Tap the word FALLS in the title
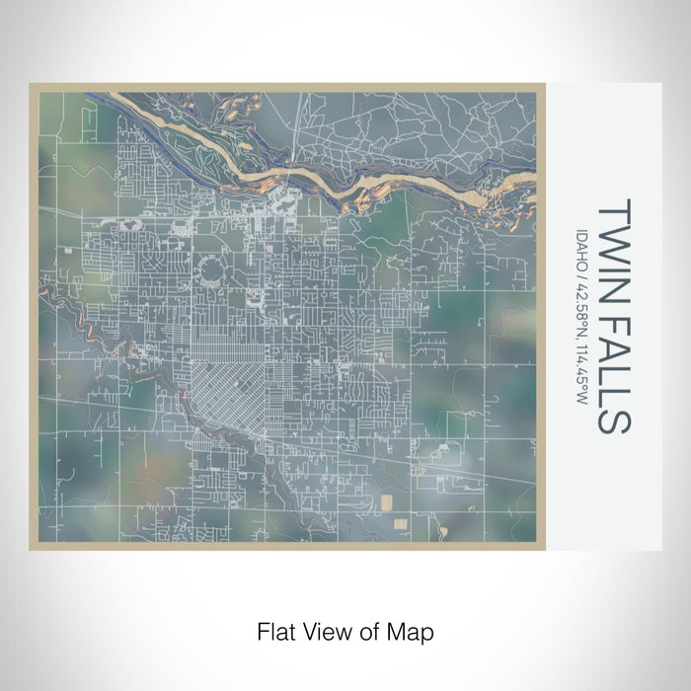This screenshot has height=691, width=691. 611,366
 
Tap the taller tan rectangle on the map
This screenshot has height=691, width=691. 386,503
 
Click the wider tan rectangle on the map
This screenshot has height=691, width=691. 401,519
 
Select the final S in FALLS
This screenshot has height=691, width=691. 611,421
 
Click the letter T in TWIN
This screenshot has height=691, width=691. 611,209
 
